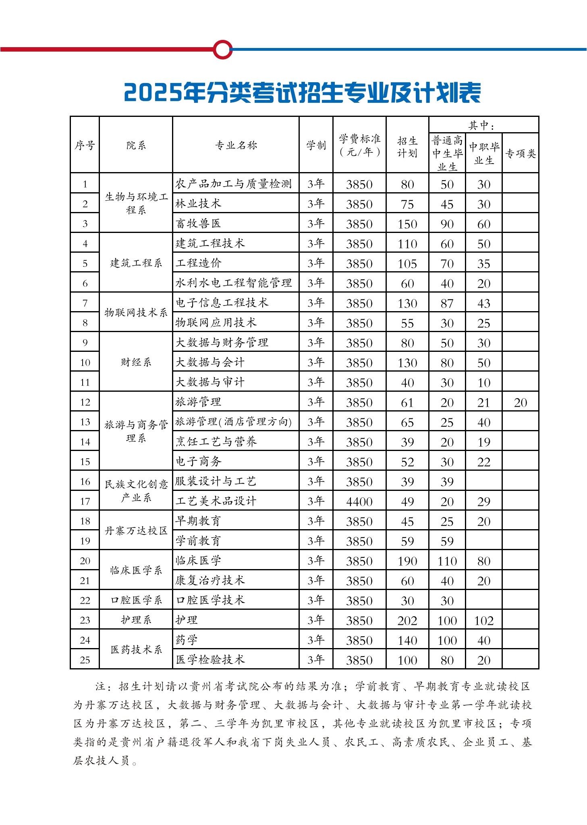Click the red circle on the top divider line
pos(222,50)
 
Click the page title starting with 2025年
pos(302,93)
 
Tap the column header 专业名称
pos(236,145)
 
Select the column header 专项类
pos(520,154)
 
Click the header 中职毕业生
pos(483,154)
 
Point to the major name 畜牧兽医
pos(198,224)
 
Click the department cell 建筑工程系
pos(136,263)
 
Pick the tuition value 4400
pos(359,502)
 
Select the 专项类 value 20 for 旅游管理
pos(520,403)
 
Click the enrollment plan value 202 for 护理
pos(407,621)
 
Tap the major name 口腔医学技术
pos(210,601)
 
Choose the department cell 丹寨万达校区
pos(136,531)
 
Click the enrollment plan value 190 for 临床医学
pos(407,561)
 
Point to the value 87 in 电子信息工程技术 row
pos(447,303)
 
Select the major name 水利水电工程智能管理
pos(234,283)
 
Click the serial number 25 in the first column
pos(85,660)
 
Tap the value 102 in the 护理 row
pos(483,621)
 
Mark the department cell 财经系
pos(136,362)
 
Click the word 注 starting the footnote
pos(100,686)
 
